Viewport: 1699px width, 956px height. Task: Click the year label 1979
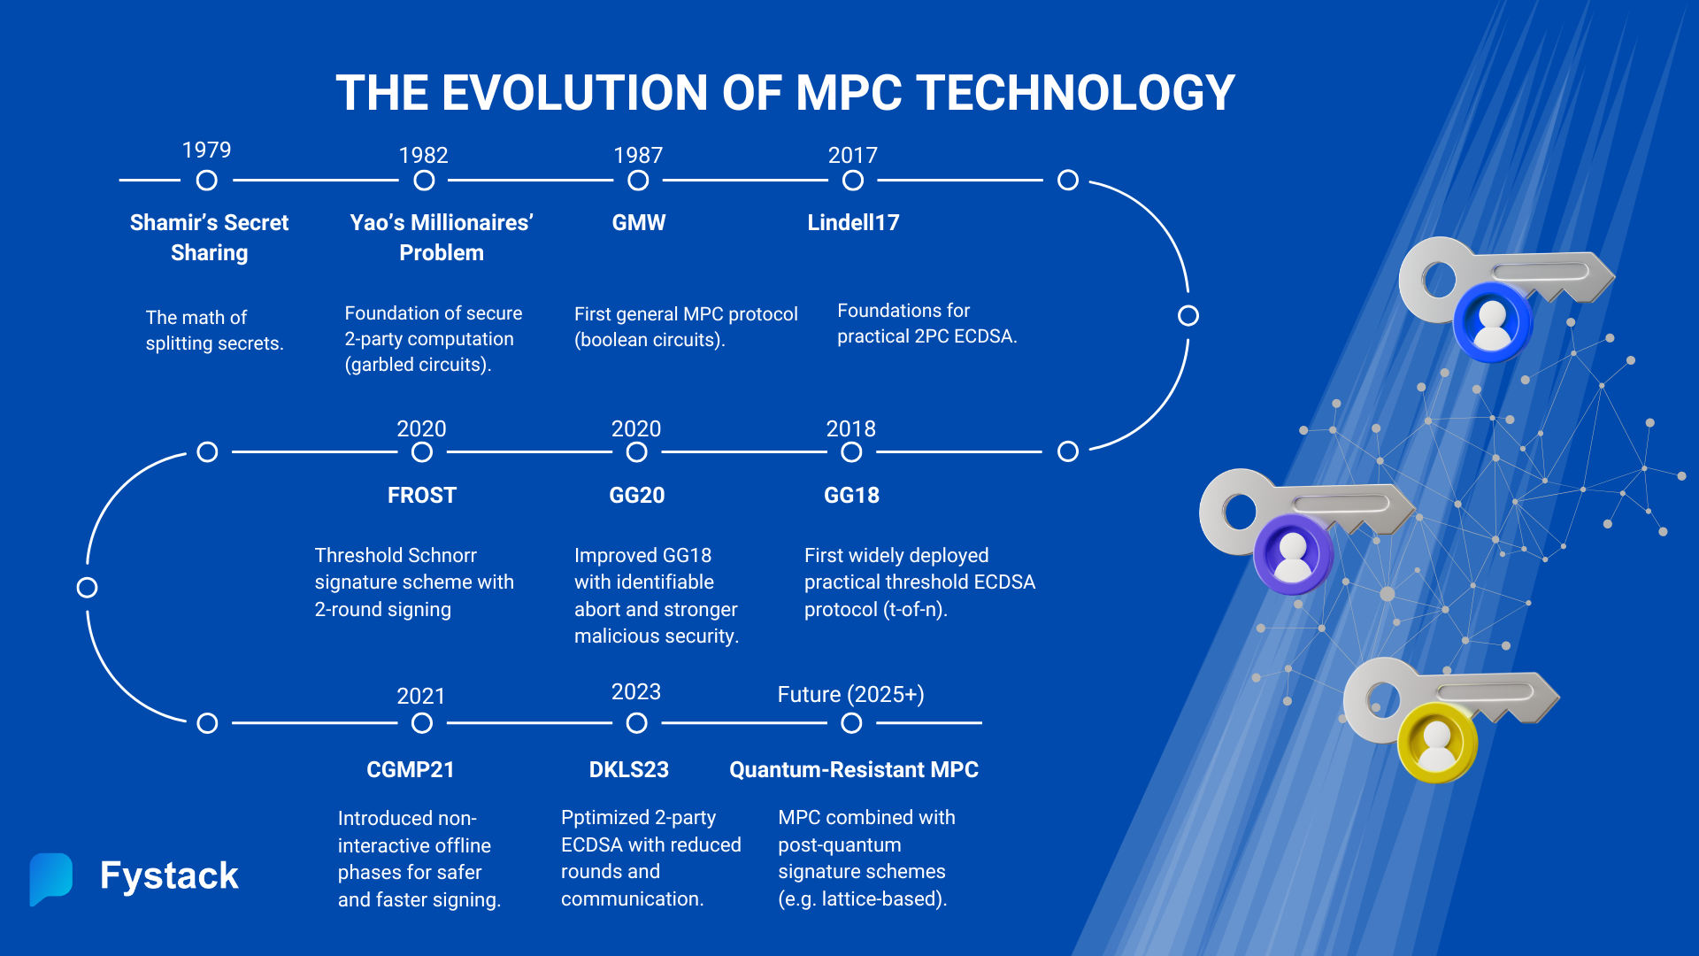[x=206, y=150]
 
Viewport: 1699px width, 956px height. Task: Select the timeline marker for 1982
[x=424, y=181]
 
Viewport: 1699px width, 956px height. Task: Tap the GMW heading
[x=638, y=222]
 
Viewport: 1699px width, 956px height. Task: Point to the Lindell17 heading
[x=853, y=222]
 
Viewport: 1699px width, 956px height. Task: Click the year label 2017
[x=852, y=155]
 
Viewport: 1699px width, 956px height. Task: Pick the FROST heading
[x=421, y=495]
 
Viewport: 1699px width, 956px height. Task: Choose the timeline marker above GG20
[x=636, y=452]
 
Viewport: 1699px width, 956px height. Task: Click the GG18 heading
[x=851, y=495]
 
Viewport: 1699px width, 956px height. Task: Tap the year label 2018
[x=850, y=428]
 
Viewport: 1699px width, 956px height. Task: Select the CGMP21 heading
[x=411, y=769]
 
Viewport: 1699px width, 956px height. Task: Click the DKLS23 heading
[x=629, y=769]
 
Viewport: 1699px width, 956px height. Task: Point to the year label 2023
[x=635, y=691]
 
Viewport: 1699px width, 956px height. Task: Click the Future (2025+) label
[x=850, y=694]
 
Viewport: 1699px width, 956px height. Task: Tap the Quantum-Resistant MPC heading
[x=853, y=769]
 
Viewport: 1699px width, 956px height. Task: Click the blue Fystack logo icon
[x=50, y=877]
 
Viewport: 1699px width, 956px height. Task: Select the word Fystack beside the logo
[x=169, y=875]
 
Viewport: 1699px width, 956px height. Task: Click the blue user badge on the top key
[x=1492, y=321]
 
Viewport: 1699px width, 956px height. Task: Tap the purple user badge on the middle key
[x=1293, y=555]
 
